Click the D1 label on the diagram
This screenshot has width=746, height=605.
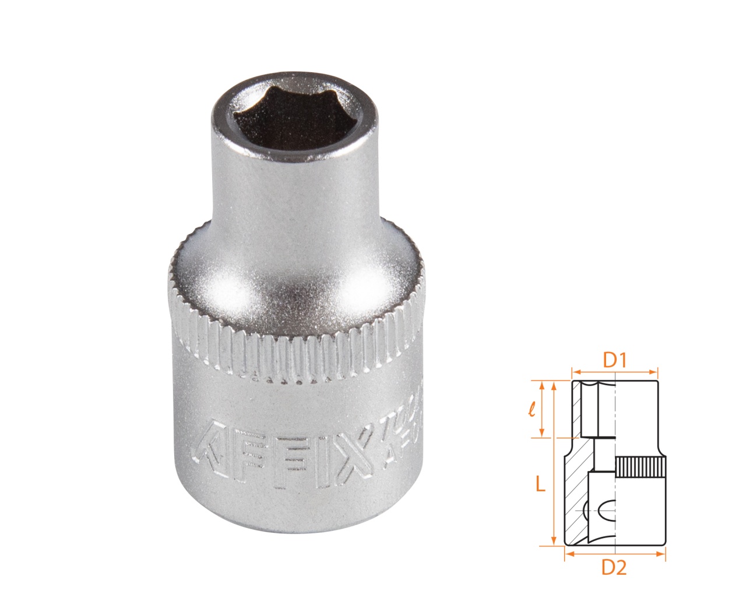(x=614, y=360)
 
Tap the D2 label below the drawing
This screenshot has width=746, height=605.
(x=614, y=567)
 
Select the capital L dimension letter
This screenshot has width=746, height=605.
(x=540, y=484)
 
